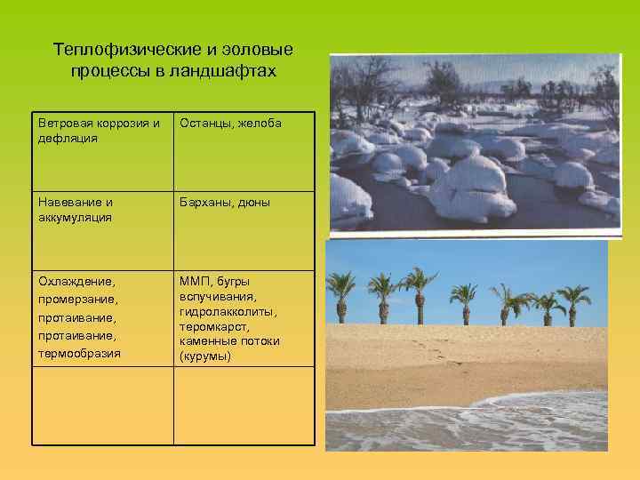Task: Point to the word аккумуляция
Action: click(75, 218)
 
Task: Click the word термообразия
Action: click(80, 353)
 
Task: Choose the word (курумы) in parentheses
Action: click(204, 356)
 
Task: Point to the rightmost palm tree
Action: click(573, 303)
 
